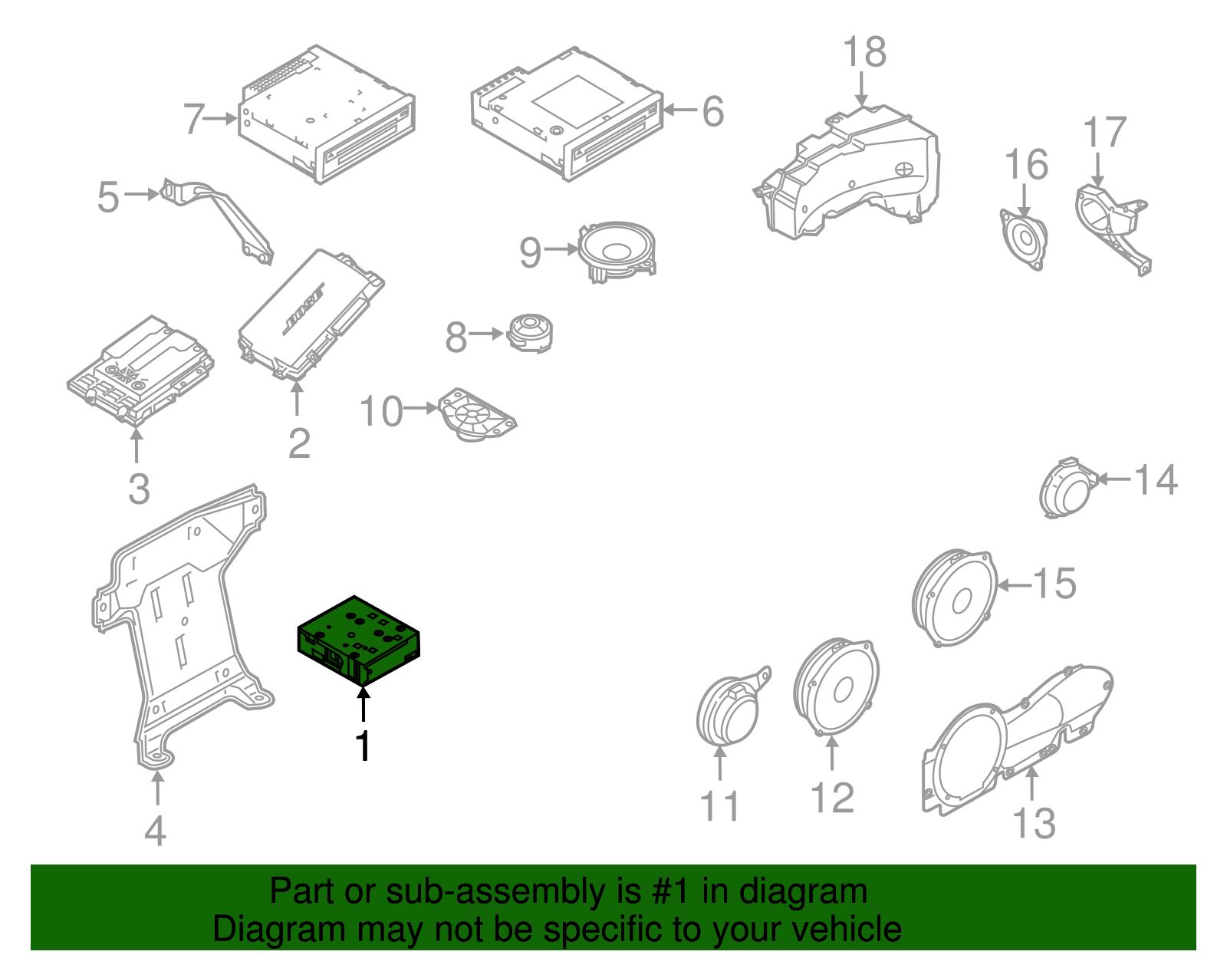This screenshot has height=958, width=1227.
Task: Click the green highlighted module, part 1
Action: click(x=358, y=639)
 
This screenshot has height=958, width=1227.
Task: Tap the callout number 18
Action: click(x=864, y=53)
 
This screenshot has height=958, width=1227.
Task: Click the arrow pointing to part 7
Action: click(x=222, y=118)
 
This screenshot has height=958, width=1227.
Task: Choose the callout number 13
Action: click(x=1034, y=823)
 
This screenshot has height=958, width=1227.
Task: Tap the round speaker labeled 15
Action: click(x=955, y=598)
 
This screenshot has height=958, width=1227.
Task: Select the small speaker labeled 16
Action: click(x=1025, y=238)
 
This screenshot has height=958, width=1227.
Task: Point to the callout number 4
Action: click(x=156, y=831)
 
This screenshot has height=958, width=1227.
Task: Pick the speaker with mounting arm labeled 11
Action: click(x=728, y=710)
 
